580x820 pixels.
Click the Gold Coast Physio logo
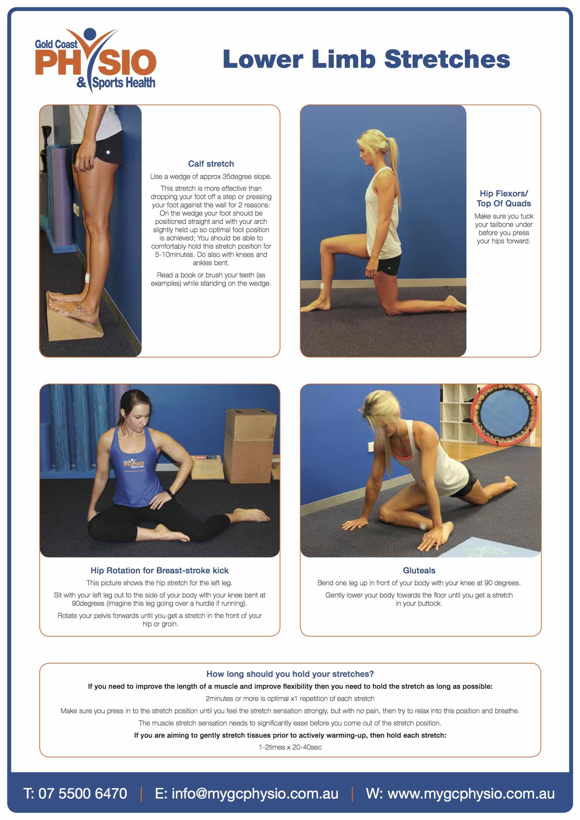pyautogui.click(x=95, y=60)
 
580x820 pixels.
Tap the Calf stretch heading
pyautogui.click(x=211, y=164)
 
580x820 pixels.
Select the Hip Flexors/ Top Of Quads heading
pyautogui.click(x=504, y=199)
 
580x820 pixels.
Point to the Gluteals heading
pyautogui.click(x=419, y=570)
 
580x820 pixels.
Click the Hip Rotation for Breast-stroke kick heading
pyautogui.click(x=159, y=570)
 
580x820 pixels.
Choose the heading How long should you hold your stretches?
pyautogui.click(x=290, y=674)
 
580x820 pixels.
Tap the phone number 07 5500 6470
pyautogui.click(x=83, y=794)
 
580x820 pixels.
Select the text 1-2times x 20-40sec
pyautogui.click(x=290, y=747)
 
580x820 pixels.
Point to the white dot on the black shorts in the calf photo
pyautogui.click(x=108, y=152)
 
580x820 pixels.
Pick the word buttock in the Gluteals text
pyautogui.click(x=429, y=603)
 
